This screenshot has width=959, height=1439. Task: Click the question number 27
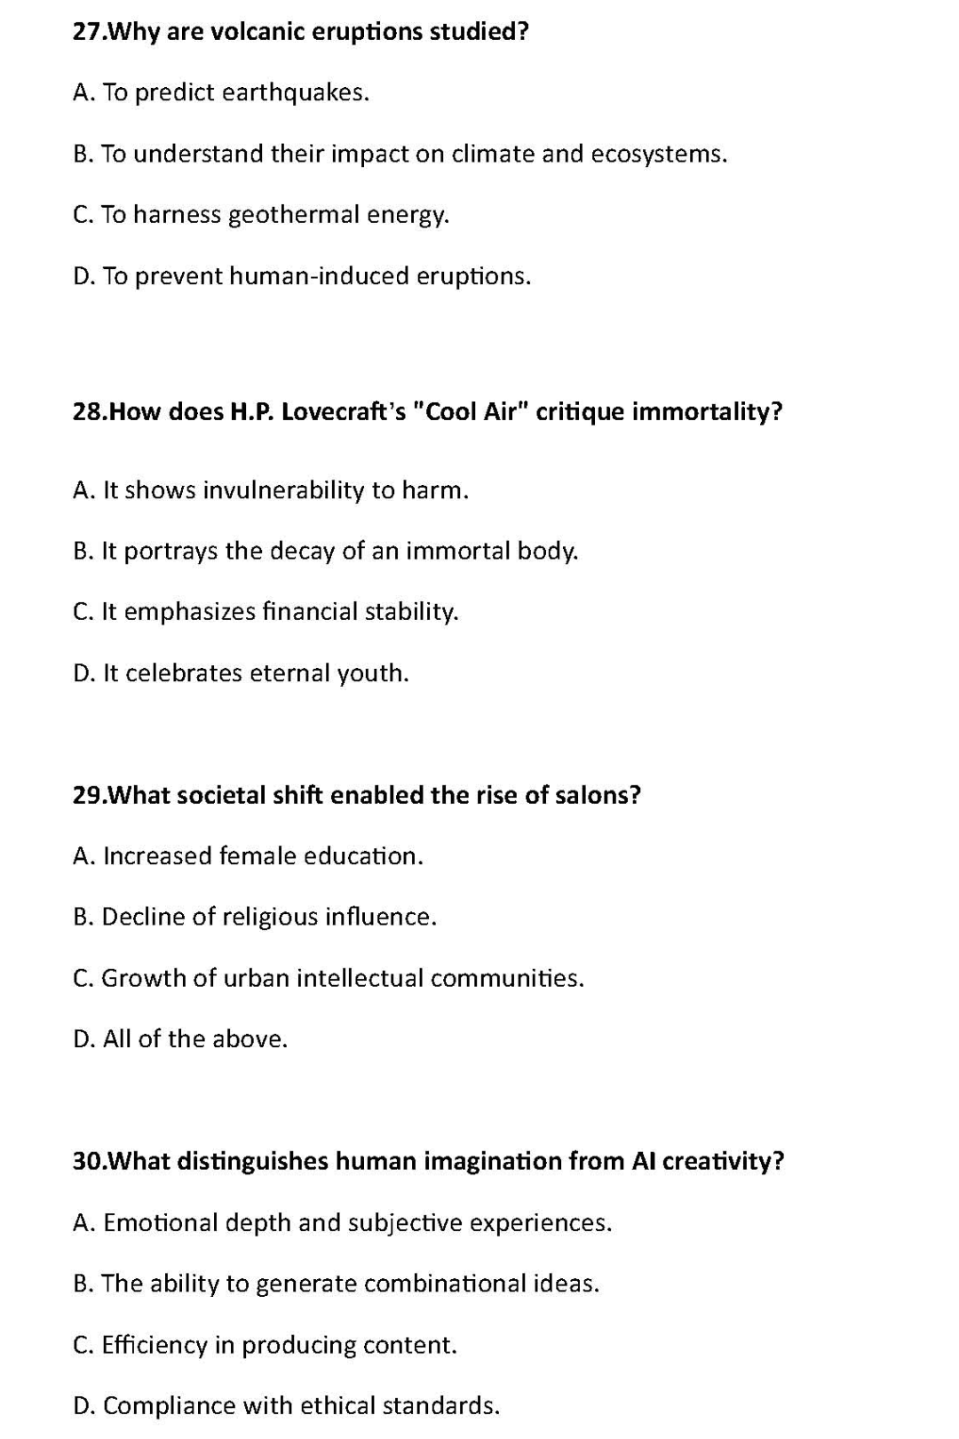88,32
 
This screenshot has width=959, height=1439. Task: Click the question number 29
88,795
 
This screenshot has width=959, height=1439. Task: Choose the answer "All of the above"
195,1039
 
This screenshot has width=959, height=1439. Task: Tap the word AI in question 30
644,1162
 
